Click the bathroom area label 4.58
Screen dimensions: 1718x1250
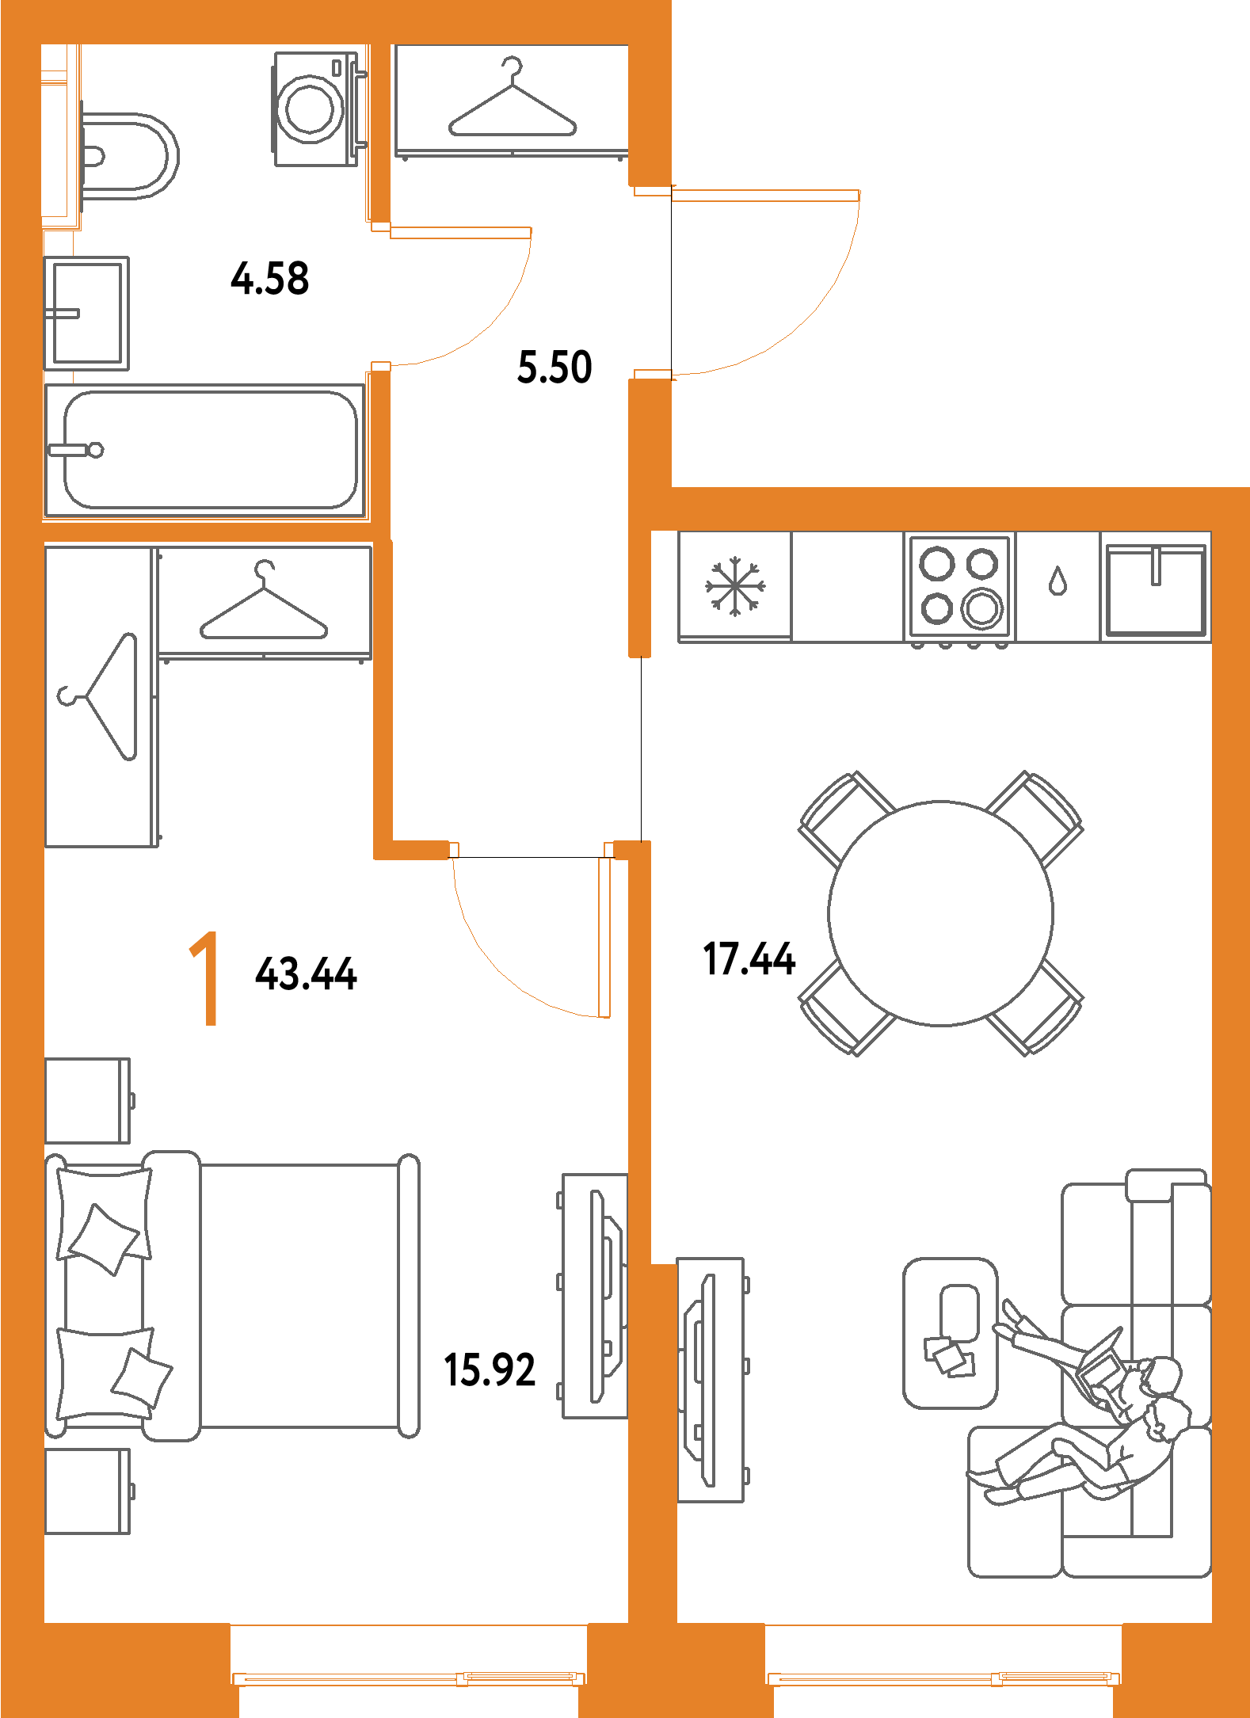pos(270,278)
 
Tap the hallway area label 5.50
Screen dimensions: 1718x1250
pos(554,368)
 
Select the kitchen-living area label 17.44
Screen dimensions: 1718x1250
pos(749,958)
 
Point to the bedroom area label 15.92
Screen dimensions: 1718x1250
pos(490,1369)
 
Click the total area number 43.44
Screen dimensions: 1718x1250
pos(307,973)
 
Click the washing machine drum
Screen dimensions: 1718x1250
pos(311,109)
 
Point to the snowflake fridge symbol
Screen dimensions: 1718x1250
pos(735,587)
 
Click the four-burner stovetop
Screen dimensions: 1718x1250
pos(960,586)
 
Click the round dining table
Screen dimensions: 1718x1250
pos(941,913)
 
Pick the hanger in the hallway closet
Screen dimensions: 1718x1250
pos(513,103)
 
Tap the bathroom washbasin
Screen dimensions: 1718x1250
pos(86,313)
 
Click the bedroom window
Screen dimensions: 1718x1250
pos(409,1677)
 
